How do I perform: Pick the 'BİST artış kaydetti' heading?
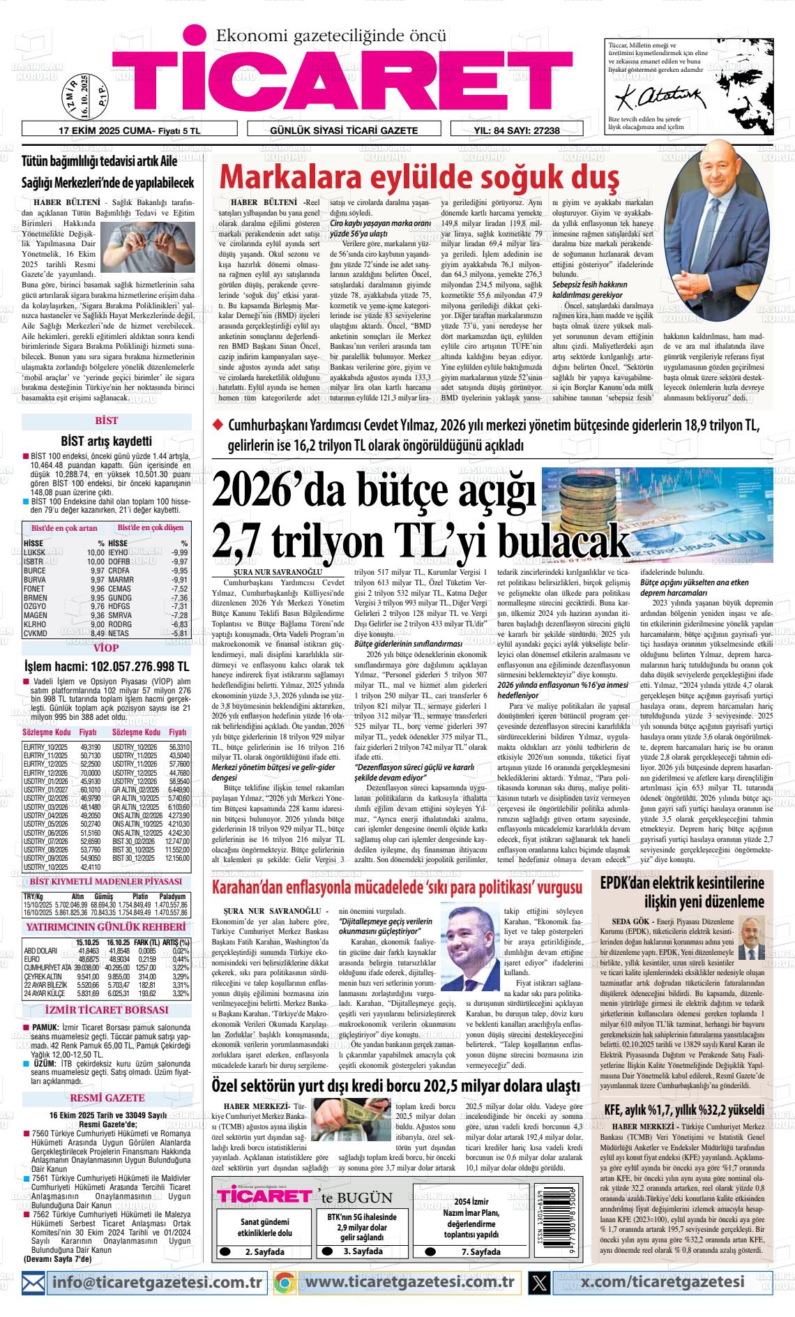[x=106, y=441]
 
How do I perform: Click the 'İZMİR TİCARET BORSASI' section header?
[x=106, y=1009]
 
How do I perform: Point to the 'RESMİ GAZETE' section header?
[x=106, y=1098]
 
